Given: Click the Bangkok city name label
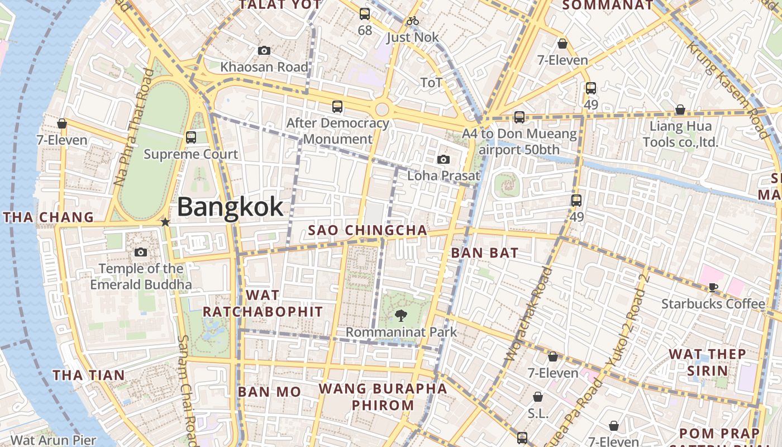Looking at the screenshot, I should [x=230, y=207].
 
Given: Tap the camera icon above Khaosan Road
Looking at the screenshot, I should [x=264, y=51].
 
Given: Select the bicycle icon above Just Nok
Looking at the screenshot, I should [x=412, y=21].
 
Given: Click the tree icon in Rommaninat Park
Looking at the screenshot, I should [x=400, y=316].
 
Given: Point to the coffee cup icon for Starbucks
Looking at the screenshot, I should [x=713, y=287].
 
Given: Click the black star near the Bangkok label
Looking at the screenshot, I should [x=165, y=222].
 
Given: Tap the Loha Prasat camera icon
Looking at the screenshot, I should [x=444, y=160].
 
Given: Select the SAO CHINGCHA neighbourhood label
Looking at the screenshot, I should [x=368, y=230].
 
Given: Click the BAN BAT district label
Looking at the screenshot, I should [x=484, y=253].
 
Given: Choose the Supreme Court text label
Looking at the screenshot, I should [x=191, y=154].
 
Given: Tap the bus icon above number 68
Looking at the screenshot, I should [x=365, y=14].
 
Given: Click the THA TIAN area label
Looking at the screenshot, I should [x=89, y=375].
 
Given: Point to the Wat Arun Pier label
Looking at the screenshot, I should [x=54, y=440].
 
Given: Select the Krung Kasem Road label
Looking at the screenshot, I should [x=727, y=89].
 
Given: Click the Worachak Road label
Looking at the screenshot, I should [x=528, y=313].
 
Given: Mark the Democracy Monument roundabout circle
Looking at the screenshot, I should [x=382, y=109].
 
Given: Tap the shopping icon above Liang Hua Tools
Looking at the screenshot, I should [x=680, y=110].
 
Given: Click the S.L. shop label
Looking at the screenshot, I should [x=538, y=414].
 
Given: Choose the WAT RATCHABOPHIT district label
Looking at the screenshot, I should [x=263, y=303].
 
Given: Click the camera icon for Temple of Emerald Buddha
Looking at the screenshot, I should [x=141, y=253].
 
